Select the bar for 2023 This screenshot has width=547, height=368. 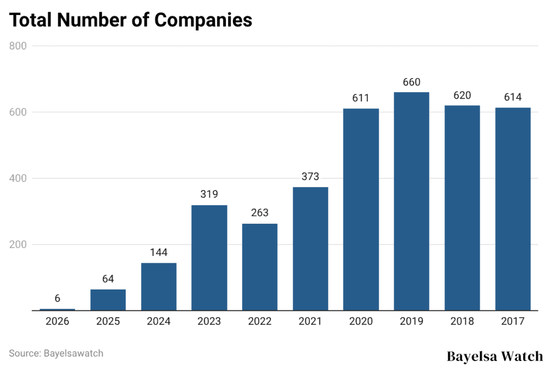[209, 258]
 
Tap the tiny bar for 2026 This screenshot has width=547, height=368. [57, 309]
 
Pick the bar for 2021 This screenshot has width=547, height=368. [310, 249]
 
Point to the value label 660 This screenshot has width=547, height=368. [411, 82]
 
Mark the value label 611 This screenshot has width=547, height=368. [361, 98]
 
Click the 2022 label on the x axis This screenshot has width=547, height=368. [260, 322]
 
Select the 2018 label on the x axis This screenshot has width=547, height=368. [462, 322]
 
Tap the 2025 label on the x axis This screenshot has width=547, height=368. [108, 322]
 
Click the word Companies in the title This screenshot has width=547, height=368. [203, 20]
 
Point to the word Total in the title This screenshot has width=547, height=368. [31, 20]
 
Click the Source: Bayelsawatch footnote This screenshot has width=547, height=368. [56, 353]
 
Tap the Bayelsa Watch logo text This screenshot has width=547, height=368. [494, 356]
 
